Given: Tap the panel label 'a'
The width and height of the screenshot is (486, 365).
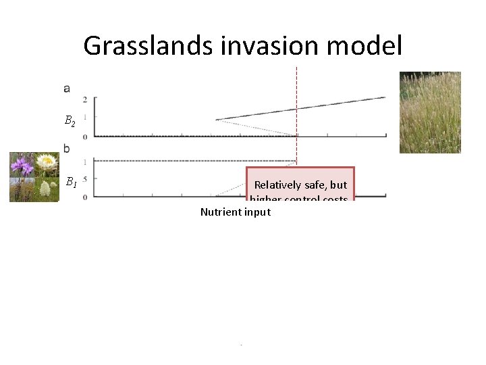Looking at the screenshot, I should coord(67,88).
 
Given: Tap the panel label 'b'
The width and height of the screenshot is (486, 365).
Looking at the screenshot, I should coord(67,148).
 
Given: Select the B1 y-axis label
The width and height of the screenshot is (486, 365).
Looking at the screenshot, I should coord(70,182).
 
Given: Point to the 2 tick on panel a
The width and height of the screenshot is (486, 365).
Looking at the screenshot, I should coord(84,99).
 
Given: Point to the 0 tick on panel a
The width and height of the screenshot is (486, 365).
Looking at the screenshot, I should coord(84,137).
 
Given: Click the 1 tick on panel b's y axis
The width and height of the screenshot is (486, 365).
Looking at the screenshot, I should coord(84,162).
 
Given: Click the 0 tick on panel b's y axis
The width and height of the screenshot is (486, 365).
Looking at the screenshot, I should coord(84,197).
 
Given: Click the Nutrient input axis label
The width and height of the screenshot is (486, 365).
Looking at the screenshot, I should coord(235,212).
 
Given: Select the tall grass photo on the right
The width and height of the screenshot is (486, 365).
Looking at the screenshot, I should coord(430,112).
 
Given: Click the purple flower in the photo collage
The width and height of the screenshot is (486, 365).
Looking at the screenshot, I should coord(23,164).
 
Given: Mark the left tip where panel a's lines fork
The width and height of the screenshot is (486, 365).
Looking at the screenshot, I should coord(216,120).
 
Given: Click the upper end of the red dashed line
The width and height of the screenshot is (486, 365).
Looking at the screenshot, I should coord(296,68).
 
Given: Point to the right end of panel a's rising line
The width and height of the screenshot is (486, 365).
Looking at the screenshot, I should coord(385,97).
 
